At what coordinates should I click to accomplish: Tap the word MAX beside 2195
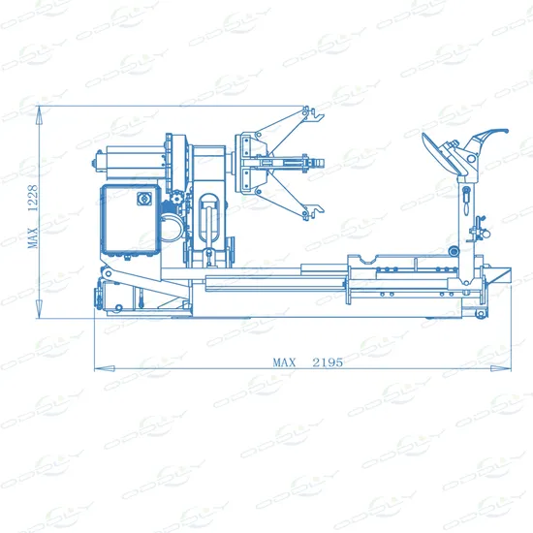[283, 361]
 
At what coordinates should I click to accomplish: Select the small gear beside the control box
[176, 206]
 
